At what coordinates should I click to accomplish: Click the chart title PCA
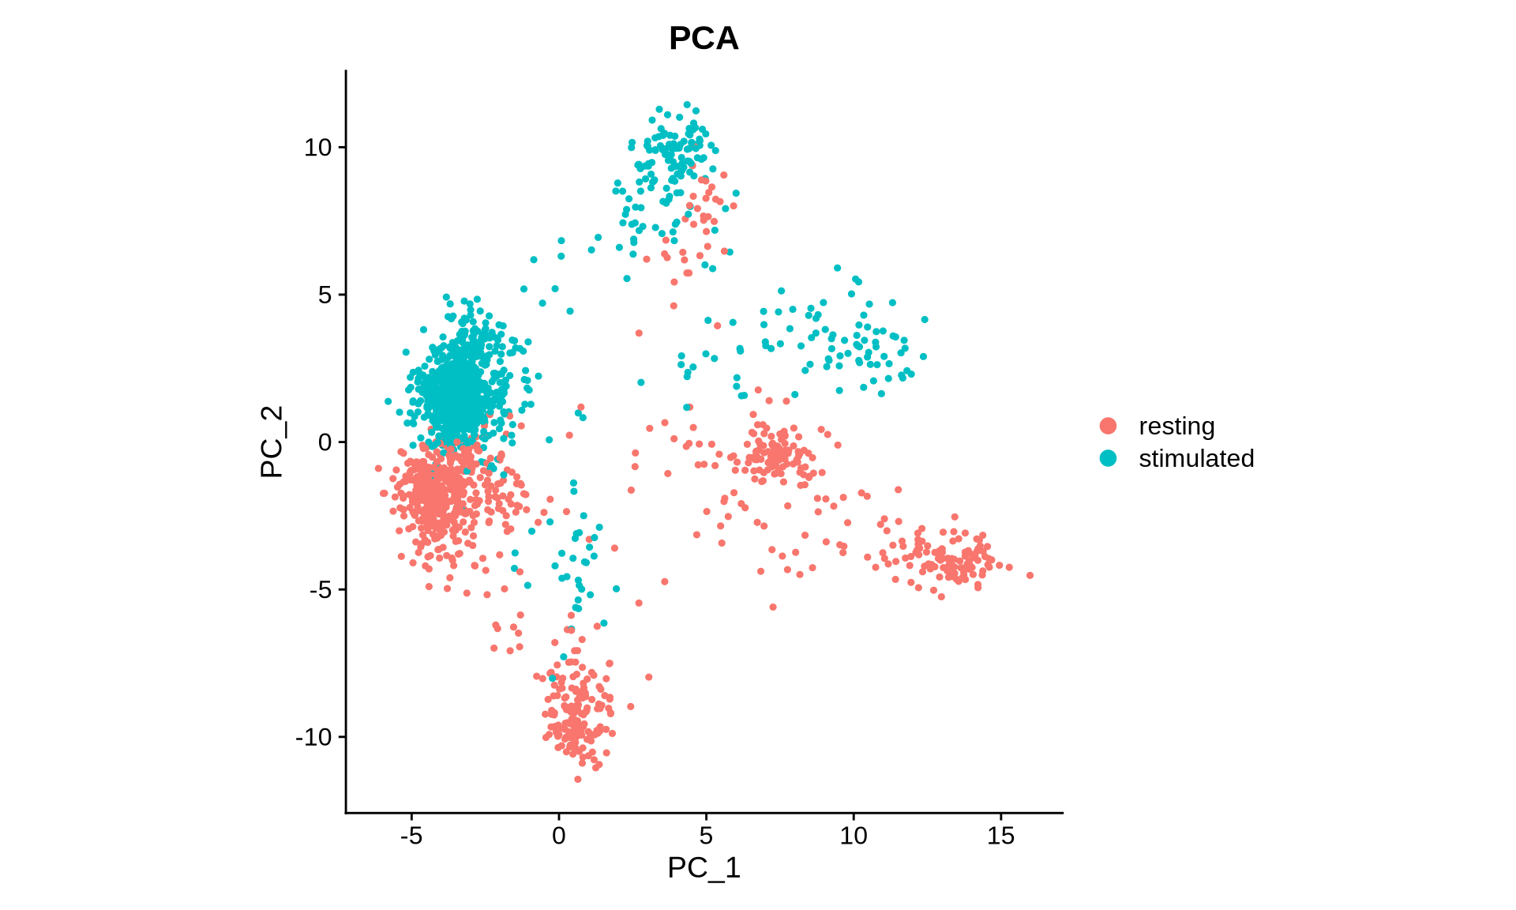tap(704, 38)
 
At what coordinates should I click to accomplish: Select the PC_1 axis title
tap(704, 867)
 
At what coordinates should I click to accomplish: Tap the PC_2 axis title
tap(272, 442)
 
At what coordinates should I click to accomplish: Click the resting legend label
tap(1176, 426)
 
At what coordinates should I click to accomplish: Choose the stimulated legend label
tap(1196, 458)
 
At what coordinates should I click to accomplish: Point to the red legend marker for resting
tap(1109, 426)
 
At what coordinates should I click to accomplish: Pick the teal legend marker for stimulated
tap(1109, 458)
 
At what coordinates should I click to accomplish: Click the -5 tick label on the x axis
tap(411, 836)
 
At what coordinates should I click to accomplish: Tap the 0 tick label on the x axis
tap(559, 836)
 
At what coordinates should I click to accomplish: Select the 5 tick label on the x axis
tap(706, 836)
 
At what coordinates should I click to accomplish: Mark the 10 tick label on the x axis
tap(854, 836)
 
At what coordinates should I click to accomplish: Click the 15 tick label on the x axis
tap(1000, 836)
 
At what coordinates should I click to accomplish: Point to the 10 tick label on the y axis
tap(319, 148)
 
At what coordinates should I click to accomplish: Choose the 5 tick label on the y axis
tap(325, 295)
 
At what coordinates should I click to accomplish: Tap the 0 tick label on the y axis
tap(325, 442)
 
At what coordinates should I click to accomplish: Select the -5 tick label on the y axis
tap(321, 589)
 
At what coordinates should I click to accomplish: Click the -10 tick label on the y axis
tap(314, 737)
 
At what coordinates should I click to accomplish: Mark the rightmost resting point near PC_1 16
tap(1030, 575)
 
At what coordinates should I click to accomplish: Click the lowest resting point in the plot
tap(577, 779)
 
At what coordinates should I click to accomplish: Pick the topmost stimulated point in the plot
tap(687, 104)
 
